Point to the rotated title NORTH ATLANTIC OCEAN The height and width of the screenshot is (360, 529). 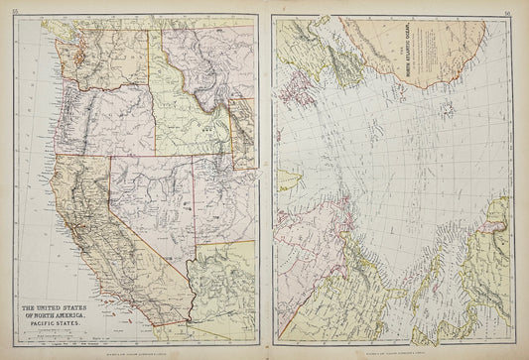click(402, 60)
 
